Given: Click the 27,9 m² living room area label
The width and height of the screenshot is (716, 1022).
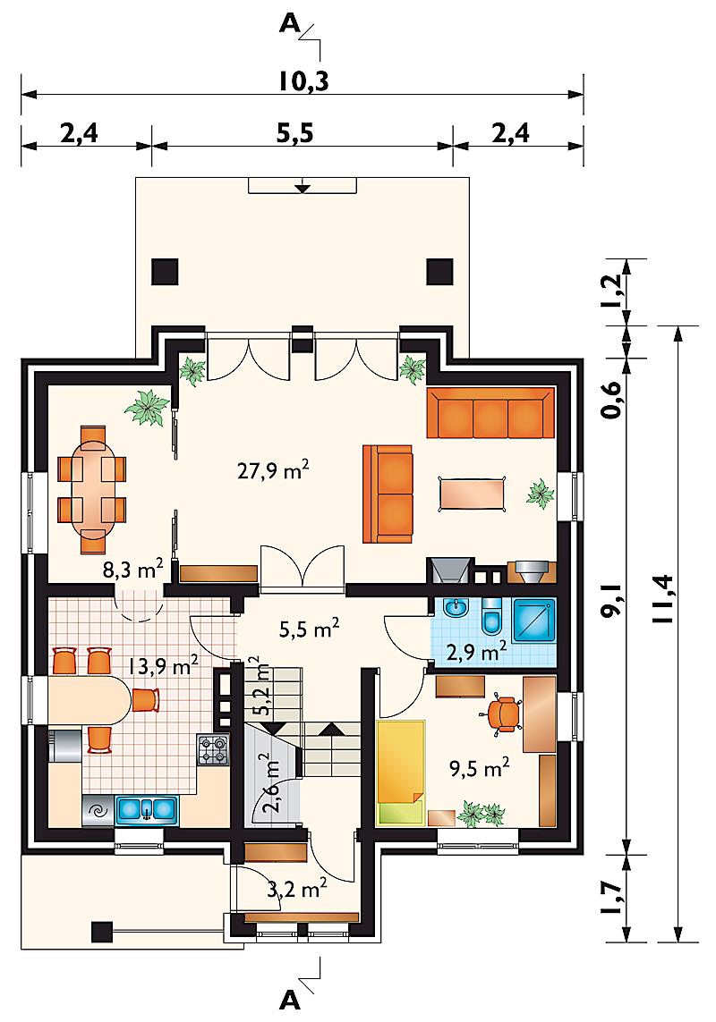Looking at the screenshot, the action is [273, 469].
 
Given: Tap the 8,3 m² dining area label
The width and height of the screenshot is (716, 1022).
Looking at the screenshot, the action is [132, 570].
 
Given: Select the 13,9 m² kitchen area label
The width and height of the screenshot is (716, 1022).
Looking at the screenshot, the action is [163, 666].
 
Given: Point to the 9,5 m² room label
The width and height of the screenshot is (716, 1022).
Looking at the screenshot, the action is [479, 768].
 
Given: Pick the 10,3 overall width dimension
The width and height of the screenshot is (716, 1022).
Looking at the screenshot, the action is [303, 81].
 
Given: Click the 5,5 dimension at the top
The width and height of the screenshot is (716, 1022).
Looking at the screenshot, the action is [295, 133].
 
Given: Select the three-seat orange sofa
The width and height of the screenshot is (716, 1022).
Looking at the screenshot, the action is [490, 413].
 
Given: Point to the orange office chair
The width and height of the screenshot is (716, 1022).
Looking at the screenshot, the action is [504, 714].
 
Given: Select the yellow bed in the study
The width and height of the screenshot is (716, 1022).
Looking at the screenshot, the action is [401, 773].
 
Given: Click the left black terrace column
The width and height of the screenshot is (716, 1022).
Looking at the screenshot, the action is [165, 271].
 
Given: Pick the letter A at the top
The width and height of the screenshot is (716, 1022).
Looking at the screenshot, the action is [289, 24].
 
